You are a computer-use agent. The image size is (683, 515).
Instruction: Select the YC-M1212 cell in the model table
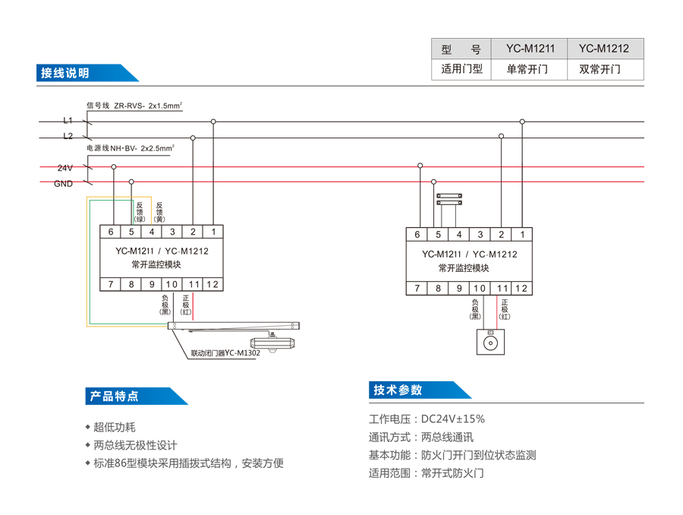coord(604,49)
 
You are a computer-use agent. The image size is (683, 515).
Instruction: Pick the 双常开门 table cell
coord(604,69)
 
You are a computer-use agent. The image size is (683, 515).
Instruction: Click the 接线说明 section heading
coord(65,73)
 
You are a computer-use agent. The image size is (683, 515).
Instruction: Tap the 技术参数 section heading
coord(397,390)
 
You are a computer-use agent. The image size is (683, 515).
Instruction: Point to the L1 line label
coord(68,121)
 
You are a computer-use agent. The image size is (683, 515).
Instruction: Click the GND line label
coord(64,183)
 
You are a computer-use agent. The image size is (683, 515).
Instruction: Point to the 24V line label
coord(65,167)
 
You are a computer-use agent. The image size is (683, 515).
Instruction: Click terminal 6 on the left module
coord(111,232)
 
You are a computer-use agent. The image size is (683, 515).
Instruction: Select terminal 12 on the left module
coord(212,285)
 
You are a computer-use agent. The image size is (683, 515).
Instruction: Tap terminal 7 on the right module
coord(417,289)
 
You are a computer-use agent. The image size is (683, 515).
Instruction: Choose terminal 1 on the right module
coord(522,235)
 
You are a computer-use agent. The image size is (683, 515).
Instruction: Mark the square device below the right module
coord(490,343)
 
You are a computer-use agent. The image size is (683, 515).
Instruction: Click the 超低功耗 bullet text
coord(115,428)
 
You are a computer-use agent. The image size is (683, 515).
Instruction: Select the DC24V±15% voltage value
coord(453,419)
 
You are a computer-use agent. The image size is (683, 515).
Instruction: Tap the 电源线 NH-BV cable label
coord(130,148)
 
